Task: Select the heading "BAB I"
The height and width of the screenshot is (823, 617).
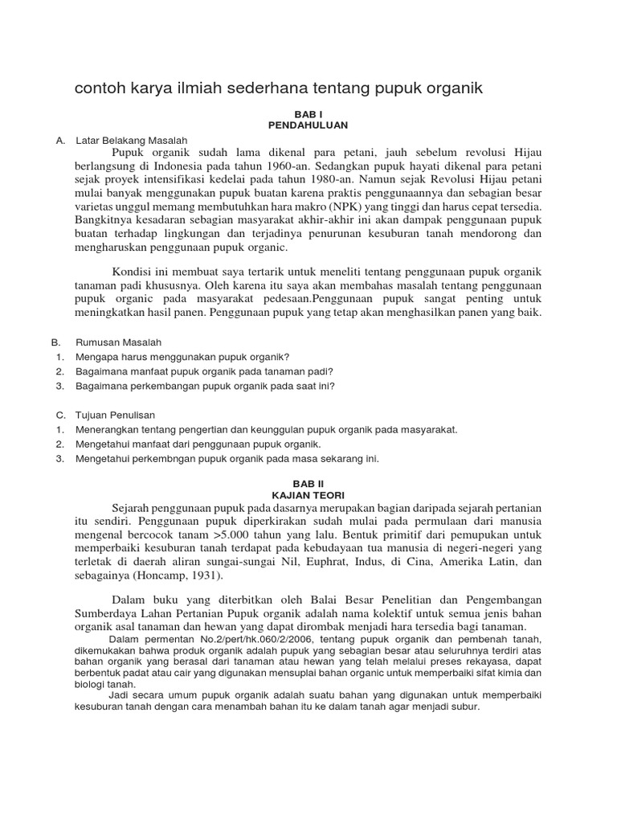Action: [308, 115]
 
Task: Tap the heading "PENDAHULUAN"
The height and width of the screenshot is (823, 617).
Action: [308, 126]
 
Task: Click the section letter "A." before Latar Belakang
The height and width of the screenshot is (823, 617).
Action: [60, 140]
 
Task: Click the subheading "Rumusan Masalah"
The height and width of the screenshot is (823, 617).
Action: [119, 342]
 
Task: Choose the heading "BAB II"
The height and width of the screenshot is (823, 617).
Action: [308, 485]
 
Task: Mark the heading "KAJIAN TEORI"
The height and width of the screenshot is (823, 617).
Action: [308, 496]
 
